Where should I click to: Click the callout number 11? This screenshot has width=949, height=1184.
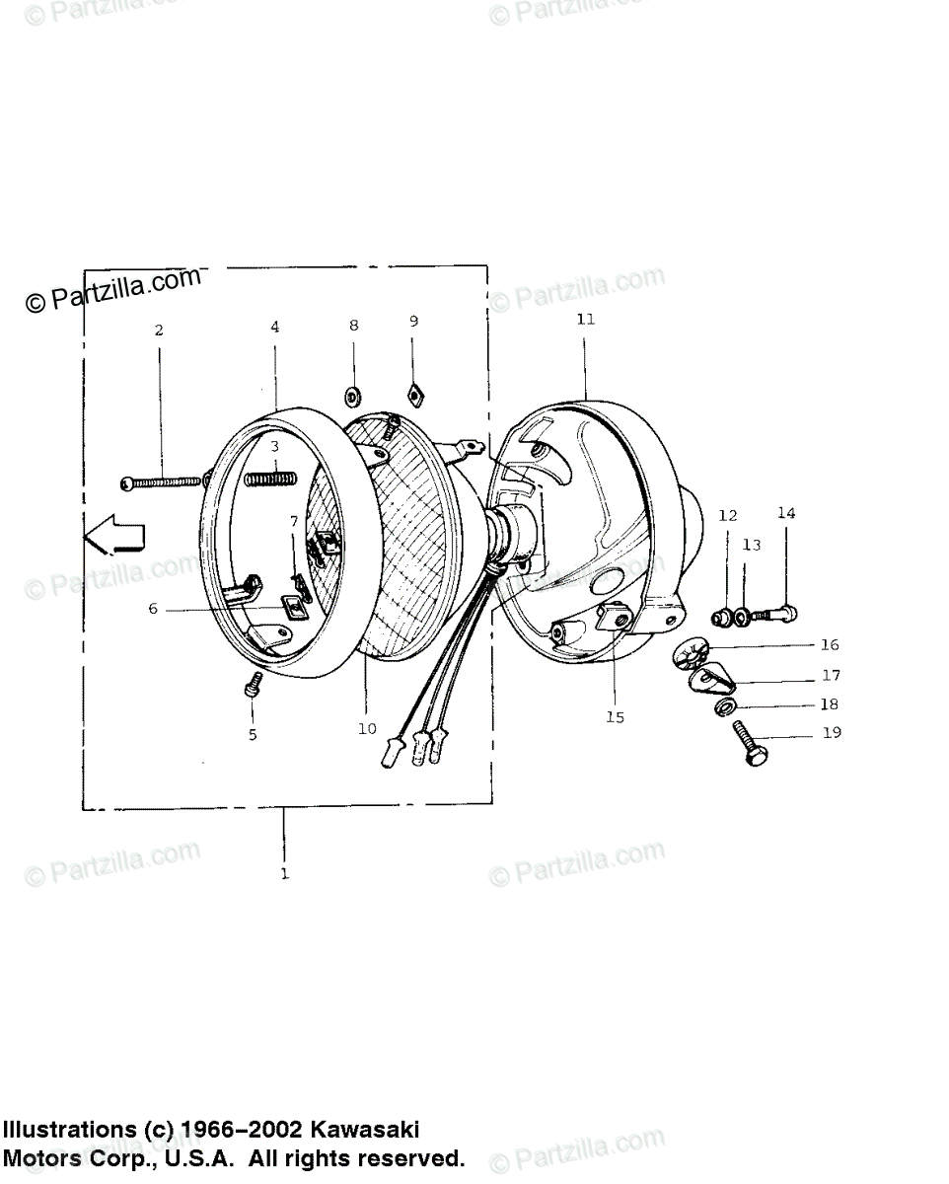[586, 320]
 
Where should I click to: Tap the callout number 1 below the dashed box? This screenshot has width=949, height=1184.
[285, 873]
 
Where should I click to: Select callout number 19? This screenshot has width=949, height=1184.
[832, 733]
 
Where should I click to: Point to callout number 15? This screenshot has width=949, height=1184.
[615, 717]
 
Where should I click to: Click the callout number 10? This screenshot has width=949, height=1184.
[367, 729]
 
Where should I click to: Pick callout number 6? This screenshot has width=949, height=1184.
[153, 609]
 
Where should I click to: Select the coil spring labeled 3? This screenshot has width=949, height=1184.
[268, 479]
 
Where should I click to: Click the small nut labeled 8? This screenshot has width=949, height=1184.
[352, 398]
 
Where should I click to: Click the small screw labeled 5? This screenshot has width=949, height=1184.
[254, 683]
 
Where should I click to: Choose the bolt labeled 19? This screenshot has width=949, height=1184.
[749, 741]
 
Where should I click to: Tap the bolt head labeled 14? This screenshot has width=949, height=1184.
[787, 613]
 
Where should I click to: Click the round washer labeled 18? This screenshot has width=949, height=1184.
[722, 708]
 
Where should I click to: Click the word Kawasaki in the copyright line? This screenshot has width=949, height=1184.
[366, 1129]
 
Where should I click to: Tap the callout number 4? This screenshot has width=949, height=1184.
[275, 327]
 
